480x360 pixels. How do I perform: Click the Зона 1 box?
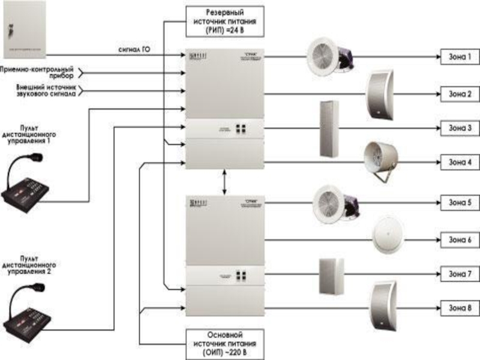tap(460, 58)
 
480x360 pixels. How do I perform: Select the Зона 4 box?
tap(460, 162)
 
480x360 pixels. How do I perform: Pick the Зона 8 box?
tap(460, 308)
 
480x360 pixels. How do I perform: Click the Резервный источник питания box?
tap(225, 19)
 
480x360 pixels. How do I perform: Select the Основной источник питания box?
tap(225, 343)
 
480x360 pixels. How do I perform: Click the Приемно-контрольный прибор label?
tap(37, 73)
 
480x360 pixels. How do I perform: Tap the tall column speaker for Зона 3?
tap(329, 129)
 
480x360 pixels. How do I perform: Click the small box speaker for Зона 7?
tap(331, 277)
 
